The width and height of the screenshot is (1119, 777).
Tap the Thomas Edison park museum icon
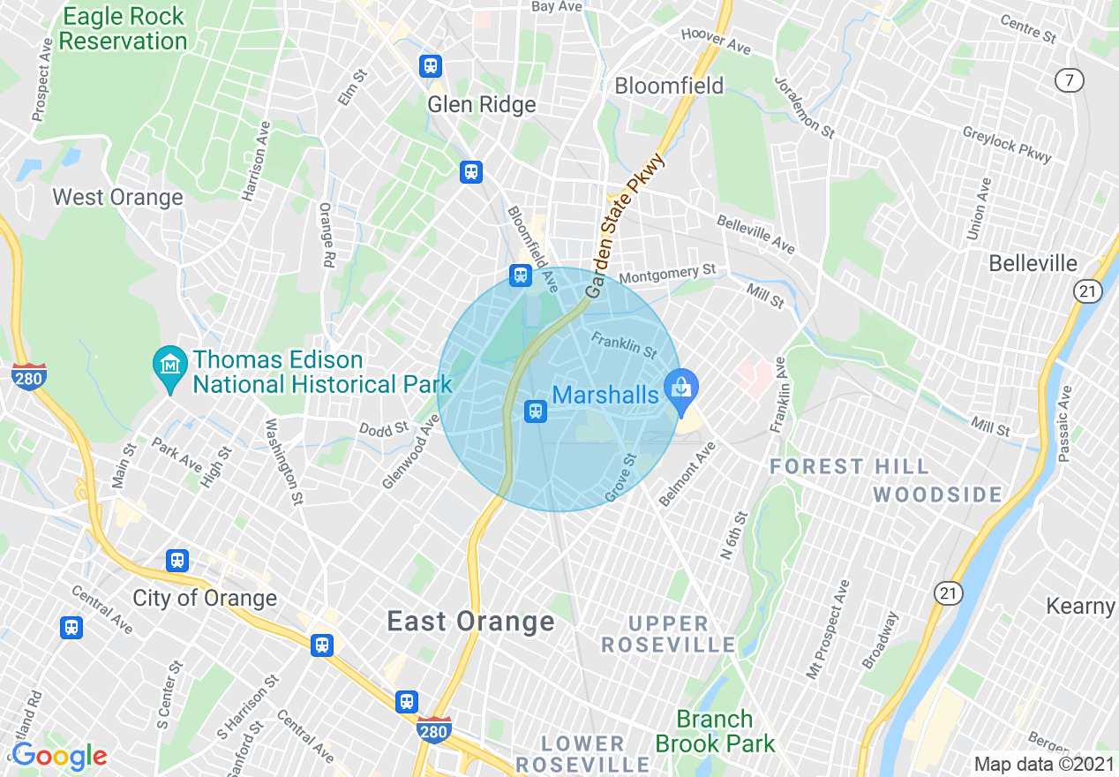169,363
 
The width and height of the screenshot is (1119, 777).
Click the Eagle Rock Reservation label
124,29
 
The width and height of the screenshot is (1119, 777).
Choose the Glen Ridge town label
482,105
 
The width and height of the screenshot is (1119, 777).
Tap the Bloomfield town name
669,86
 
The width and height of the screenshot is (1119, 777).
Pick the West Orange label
118,197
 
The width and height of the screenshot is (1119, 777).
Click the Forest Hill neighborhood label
850,466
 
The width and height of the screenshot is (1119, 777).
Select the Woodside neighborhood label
938,494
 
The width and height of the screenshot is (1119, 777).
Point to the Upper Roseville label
668,635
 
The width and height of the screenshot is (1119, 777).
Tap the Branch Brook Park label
715,731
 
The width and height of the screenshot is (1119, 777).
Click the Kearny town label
1081,607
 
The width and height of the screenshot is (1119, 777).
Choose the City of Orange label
205,598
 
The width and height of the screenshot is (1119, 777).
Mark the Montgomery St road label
667,275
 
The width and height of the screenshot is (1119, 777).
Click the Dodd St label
384,428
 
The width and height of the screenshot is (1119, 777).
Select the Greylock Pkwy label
1007,144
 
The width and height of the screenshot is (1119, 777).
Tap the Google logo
59,757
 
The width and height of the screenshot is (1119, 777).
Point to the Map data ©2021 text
1044,764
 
